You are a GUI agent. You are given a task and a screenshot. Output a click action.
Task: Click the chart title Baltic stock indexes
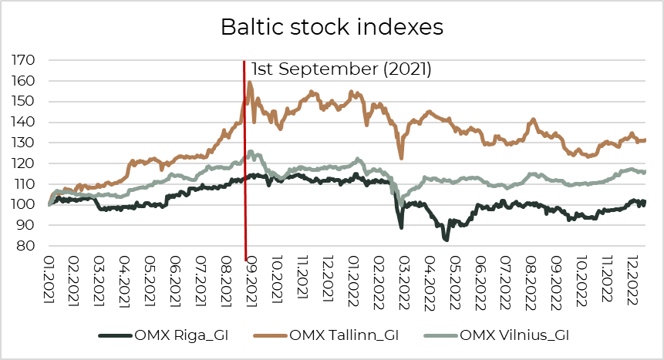pyautogui.click(x=332, y=27)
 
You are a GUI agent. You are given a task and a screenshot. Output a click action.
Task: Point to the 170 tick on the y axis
pyautogui.click(x=26, y=60)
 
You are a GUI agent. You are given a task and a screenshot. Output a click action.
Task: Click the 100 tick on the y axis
pyautogui.click(x=26, y=205)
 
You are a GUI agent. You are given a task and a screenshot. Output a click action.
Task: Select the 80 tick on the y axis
pyautogui.click(x=29, y=247)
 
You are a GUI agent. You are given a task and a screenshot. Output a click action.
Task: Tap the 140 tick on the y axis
pyautogui.click(x=26, y=123)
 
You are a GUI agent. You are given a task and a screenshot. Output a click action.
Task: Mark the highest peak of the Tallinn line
pyautogui.click(x=249, y=82)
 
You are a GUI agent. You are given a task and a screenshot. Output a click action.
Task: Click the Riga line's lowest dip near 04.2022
pyautogui.click(x=446, y=240)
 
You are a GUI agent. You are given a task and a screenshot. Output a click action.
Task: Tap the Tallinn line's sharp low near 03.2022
pyautogui.click(x=401, y=158)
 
